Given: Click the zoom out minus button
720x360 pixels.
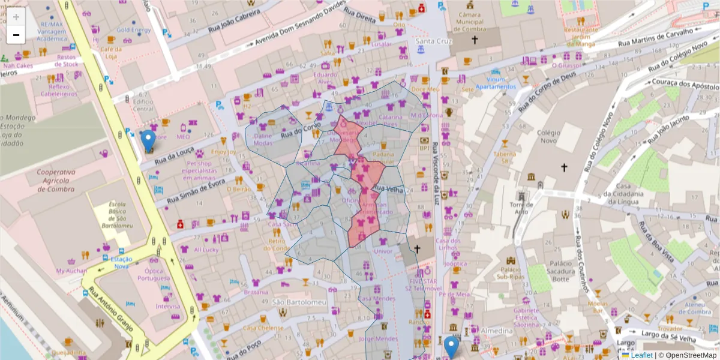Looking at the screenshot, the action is [x=16, y=35].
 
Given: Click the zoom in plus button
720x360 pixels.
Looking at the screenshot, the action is [x=16, y=17].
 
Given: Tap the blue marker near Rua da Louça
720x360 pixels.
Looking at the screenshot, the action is [x=148, y=141].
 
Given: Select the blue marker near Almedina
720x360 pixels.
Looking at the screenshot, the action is [x=451, y=347].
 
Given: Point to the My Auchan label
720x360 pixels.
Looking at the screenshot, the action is [x=71, y=271].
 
